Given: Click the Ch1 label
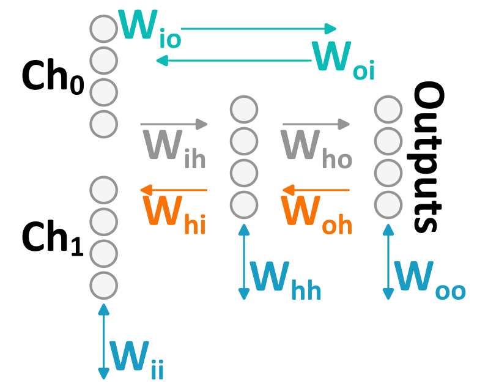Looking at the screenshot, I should (x=53, y=236).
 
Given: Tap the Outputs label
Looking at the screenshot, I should (x=426, y=158).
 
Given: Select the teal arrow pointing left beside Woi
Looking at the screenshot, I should (x=232, y=60).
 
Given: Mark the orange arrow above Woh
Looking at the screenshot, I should (x=316, y=190).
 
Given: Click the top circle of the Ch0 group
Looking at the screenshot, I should (x=103, y=28).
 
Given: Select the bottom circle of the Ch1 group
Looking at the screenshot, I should (x=103, y=284).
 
